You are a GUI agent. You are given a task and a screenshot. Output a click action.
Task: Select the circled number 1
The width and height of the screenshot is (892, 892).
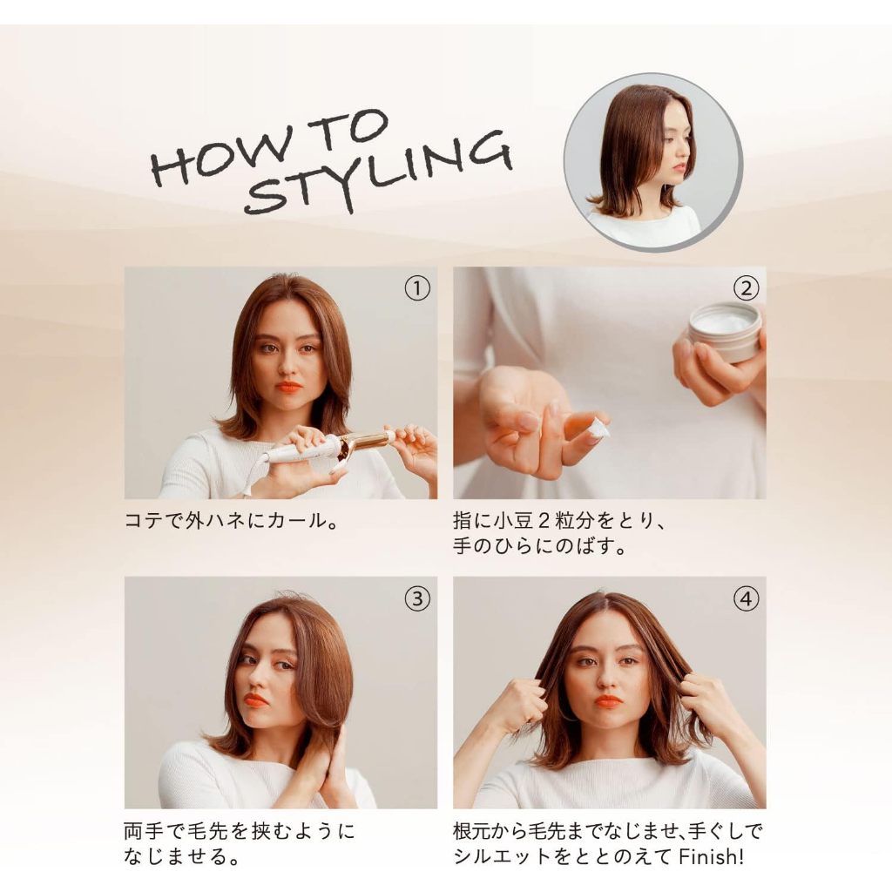(x=417, y=288)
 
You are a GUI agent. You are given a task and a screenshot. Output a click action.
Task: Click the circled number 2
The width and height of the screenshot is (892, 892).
(x=746, y=288)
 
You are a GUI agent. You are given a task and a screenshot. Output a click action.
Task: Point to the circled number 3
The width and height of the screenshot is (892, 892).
(x=417, y=598)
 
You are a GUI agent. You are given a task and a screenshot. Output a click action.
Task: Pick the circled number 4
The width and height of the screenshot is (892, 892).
(x=746, y=598)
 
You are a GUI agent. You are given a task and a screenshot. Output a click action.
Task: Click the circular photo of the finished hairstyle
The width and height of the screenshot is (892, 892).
(x=652, y=162)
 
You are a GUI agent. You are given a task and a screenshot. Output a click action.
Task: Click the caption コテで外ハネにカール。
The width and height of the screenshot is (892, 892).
(x=232, y=521)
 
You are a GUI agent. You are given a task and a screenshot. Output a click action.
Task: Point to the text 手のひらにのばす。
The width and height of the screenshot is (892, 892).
(x=540, y=546)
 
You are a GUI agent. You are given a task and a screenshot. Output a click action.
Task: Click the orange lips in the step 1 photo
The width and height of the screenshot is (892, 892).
(x=289, y=388)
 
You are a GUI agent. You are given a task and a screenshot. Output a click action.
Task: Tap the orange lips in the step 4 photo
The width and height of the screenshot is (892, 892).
(x=608, y=701)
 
